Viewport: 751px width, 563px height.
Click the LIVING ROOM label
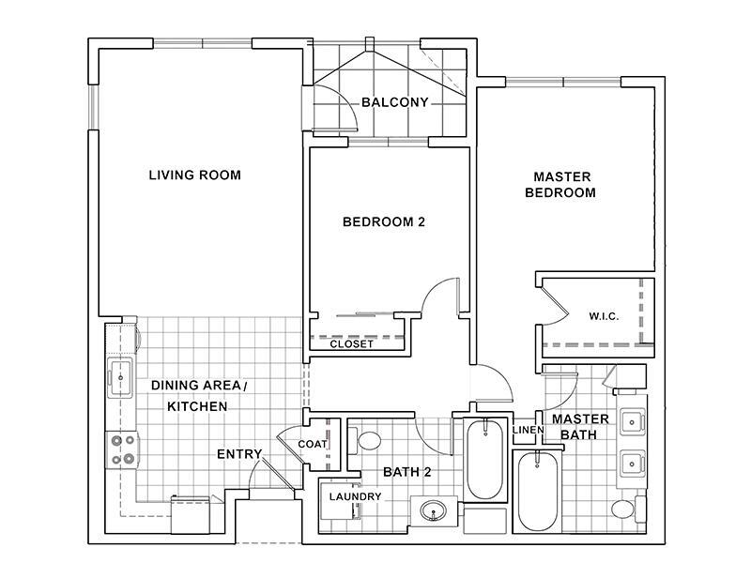(195, 175)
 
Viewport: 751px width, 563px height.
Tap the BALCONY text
(394, 102)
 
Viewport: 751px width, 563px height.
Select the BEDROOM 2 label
(384, 222)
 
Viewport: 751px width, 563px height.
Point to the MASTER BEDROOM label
(564, 184)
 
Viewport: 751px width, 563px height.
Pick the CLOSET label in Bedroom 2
(352, 344)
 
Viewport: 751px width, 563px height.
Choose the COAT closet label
(312, 444)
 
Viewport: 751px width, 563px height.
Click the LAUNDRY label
(355, 496)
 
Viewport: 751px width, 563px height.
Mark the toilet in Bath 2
(367, 439)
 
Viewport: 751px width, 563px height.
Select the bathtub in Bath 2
(485, 459)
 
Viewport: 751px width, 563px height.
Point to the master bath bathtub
(538, 491)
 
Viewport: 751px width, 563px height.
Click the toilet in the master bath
(623, 510)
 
